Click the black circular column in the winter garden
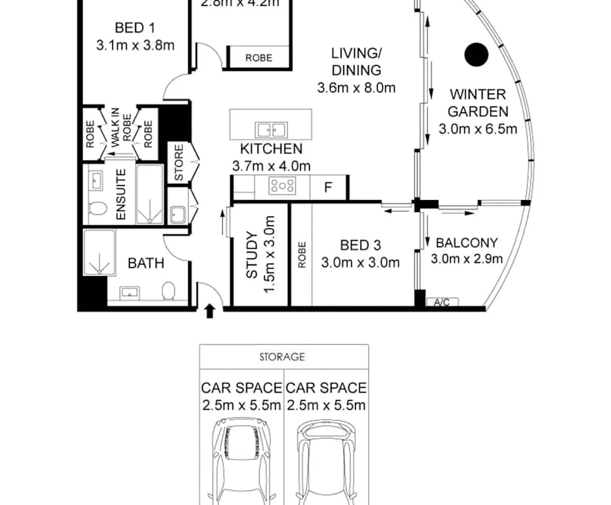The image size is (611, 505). pyautogui.click(x=477, y=54)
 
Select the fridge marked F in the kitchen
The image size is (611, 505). pyautogui.click(x=328, y=188)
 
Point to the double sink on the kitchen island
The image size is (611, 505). pyautogui.click(x=272, y=130)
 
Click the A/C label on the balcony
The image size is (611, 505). pyautogui.click(x=443, y=302)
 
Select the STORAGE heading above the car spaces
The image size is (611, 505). pyautogui.click(x=282, y=357)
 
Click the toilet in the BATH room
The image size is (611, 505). pyautogui.click(x=168, y=291)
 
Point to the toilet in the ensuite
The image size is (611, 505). pyautogui.click(x=95, y=210)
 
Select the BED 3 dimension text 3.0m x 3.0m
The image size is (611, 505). pyautogui.click(x=360, y=262)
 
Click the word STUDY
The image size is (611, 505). pyautogui.click(x=252, y=255)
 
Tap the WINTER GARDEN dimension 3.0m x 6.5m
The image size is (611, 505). pyautogui.click(x=477, y=128)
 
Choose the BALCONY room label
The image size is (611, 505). pyautogui.click(x=466, y=243)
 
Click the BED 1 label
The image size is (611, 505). pyautogui.click(x=135, y=29)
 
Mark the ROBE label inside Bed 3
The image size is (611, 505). pyautogui.click(x=301, y=255)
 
